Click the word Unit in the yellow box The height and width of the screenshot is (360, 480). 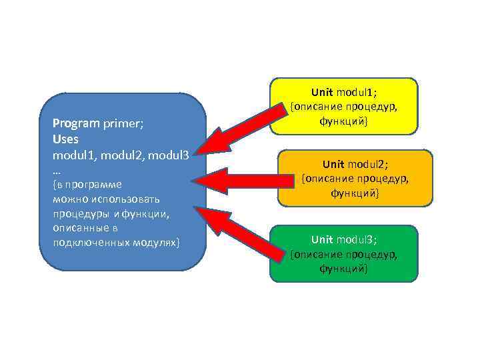click(322, 91)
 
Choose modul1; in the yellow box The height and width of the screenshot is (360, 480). click(357, 91)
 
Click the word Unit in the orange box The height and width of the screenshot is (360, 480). click(333, 163)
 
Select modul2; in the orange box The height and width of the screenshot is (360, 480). click(368, 163)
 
